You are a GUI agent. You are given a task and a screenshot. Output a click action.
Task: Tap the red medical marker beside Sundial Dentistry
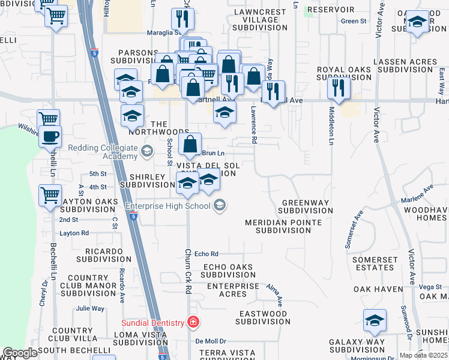click(x=193, y=322)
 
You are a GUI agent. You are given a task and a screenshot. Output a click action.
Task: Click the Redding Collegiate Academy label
click(x=102, y=152)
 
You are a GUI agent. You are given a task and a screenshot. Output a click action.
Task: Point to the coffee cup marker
click(x=50, y=136)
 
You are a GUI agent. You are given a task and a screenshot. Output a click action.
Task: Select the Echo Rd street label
click(x=206, y=254)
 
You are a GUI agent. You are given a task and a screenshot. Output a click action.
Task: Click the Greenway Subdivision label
click(x=307, y=206)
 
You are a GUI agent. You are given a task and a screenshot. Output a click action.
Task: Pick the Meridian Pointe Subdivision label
click(x=283, y=226)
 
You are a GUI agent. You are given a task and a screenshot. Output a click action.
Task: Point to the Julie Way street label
click(x=90, y=309)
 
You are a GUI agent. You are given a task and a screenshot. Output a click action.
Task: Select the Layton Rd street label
click(x=74, y=233)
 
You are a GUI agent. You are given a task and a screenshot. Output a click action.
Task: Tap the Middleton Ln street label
click(x=331, y=125)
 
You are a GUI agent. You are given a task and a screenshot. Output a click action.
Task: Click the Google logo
click(x=20, y=353)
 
